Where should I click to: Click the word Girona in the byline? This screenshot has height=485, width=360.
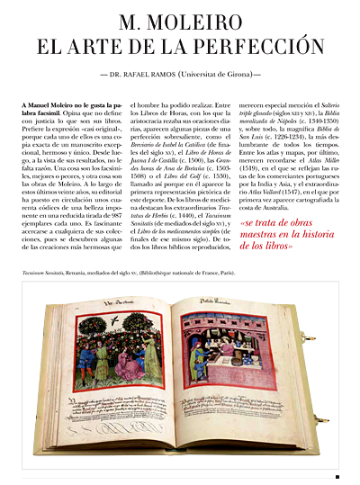pyautogui.click(x=246, y=68)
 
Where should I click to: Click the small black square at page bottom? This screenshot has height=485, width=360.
pyautogui.click(x=336, y=477)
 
